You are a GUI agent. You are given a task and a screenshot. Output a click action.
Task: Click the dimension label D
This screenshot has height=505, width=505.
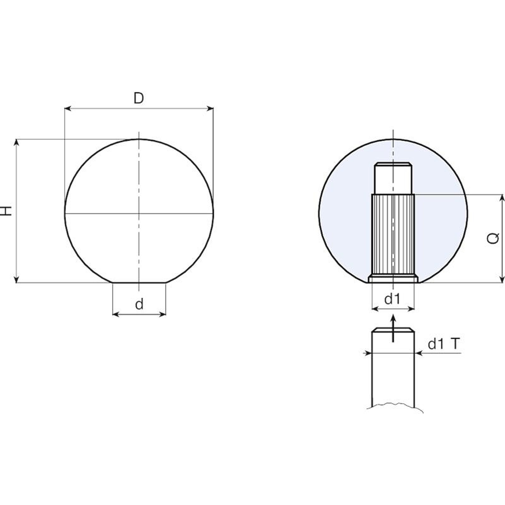coord(139,98)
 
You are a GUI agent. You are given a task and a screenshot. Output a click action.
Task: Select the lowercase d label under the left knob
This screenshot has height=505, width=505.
coord(139,304)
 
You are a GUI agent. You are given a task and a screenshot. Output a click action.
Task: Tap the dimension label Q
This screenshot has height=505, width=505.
coord(493,238)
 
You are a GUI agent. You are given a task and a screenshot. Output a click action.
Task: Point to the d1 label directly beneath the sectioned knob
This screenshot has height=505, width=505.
coord(392,299)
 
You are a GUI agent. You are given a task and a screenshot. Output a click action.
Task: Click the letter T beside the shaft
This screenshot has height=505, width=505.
coord(455,344)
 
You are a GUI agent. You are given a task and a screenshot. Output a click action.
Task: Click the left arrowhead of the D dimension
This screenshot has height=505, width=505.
coord(68,109)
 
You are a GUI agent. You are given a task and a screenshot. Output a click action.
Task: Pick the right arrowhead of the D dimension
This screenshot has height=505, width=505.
coord(210,109)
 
